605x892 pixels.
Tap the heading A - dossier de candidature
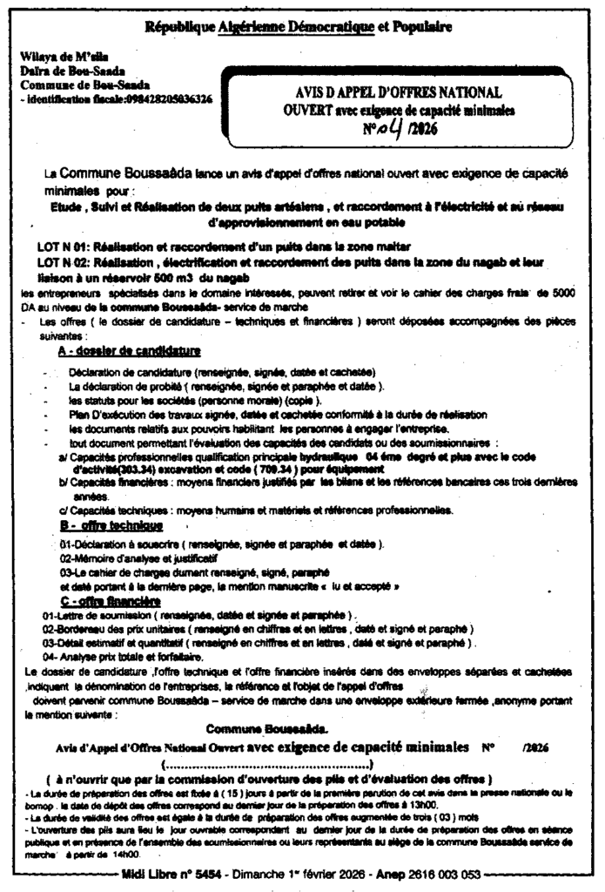pos(129,352)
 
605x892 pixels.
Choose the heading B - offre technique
pos(111,525)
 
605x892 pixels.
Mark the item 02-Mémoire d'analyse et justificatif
pos(139,557)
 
